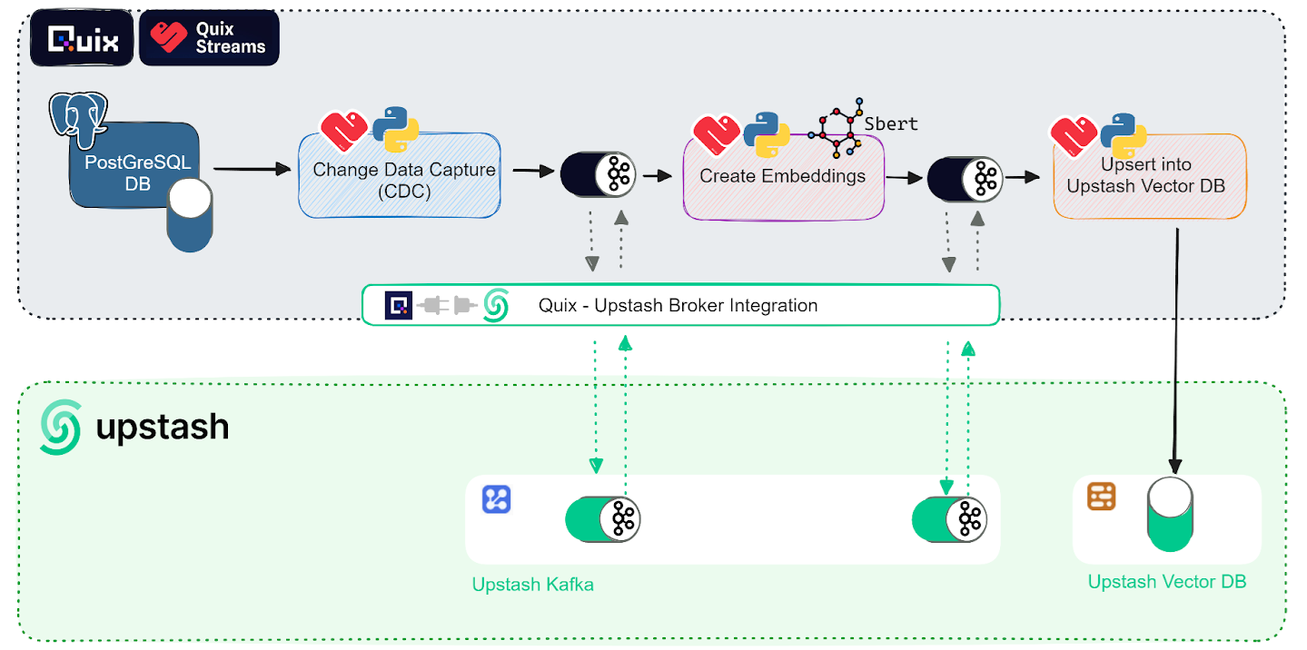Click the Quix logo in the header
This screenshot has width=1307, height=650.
point(82,39)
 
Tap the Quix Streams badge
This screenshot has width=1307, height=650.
point(209,39)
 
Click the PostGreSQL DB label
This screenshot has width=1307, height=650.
point(137,172)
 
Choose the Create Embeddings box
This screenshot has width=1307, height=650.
point(783,177)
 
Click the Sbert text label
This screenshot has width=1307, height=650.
point(891,123)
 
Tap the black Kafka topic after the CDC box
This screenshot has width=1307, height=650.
point(599,173)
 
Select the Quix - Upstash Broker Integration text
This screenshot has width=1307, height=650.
point(678,306)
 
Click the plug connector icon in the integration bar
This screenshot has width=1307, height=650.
point(447,305)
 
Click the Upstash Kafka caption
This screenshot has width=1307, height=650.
point(533,585)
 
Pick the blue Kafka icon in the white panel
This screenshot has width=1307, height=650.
point(496,499)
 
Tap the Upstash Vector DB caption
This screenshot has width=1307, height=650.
point(1167,582)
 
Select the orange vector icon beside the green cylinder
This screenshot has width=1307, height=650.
point(1101,497)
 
